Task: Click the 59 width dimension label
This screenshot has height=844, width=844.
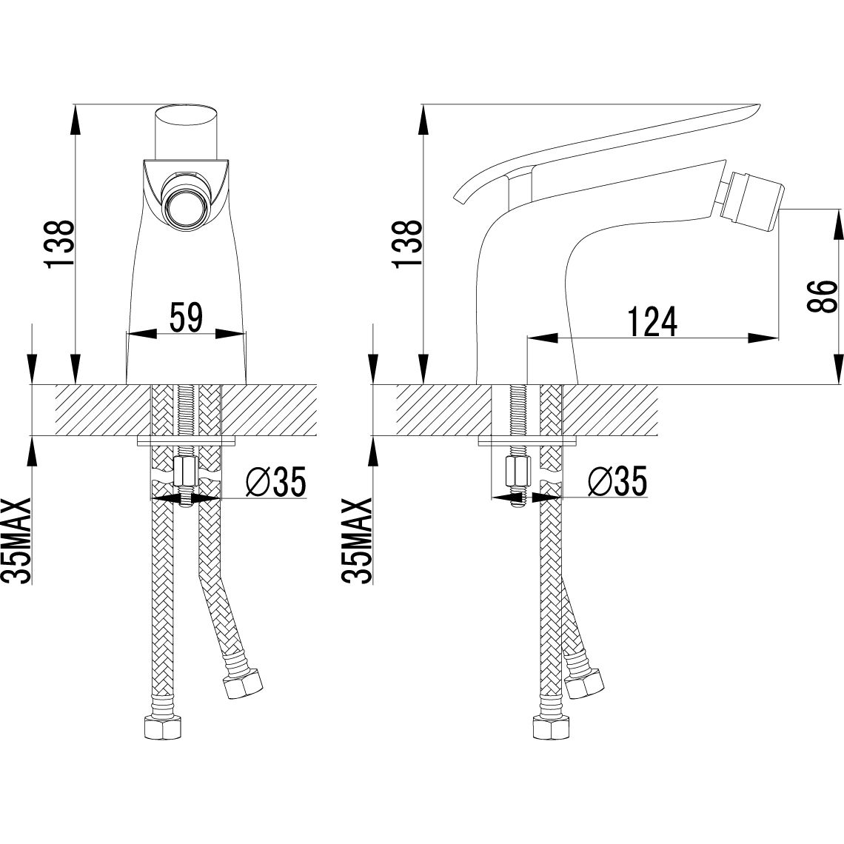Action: [187, 318]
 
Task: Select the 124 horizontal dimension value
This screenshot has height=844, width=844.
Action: [652, 322]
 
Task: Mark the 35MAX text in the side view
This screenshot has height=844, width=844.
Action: [356, 540]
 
